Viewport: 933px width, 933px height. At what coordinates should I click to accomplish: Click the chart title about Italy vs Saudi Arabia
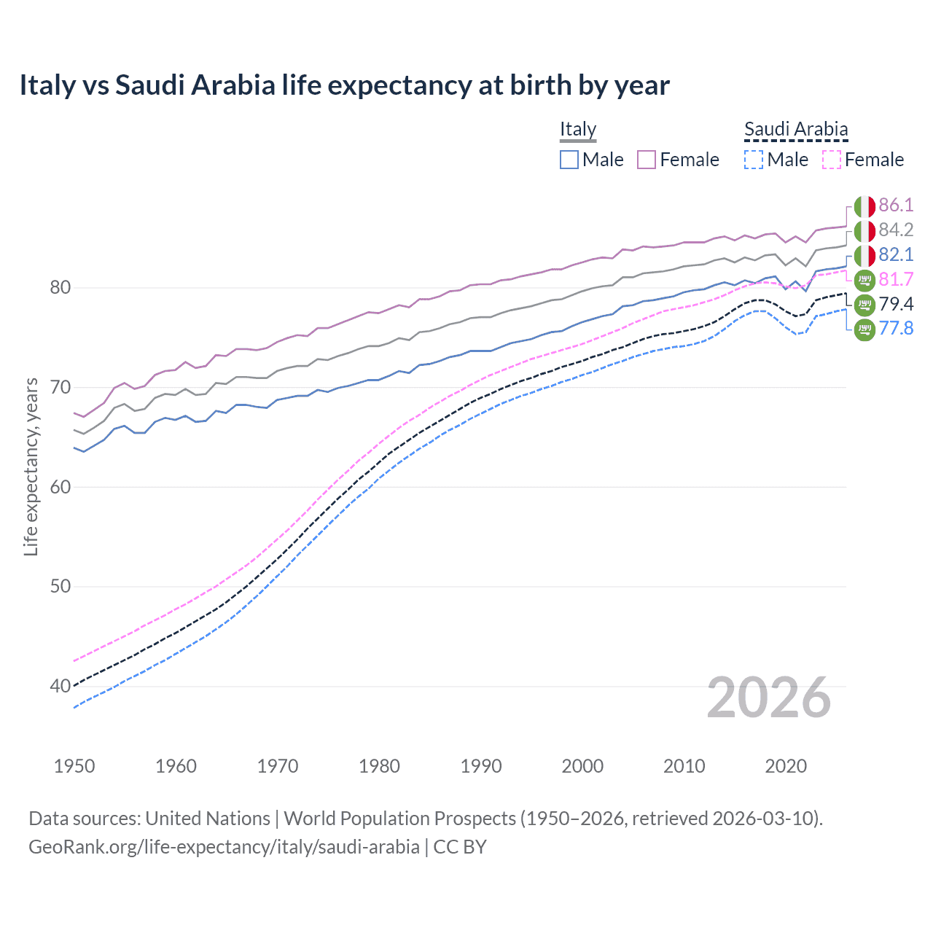344,85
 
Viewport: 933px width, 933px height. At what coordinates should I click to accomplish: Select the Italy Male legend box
569,160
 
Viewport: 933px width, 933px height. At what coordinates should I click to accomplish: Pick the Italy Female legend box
647,160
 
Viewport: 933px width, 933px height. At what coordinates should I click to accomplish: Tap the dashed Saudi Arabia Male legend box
754,160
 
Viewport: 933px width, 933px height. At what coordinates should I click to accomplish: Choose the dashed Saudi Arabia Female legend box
832,160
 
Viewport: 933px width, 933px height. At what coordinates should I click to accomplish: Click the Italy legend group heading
578,129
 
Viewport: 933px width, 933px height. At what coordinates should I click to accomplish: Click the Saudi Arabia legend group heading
796,129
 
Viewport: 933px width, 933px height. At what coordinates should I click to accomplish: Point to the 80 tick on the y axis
60,287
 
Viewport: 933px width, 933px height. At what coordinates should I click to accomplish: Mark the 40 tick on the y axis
60,686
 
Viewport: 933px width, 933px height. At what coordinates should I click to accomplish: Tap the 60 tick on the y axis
60,487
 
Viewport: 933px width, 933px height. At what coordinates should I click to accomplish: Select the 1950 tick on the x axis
74,766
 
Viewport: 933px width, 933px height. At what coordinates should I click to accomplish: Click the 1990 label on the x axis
481,766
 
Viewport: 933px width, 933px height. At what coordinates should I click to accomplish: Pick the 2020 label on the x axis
786,766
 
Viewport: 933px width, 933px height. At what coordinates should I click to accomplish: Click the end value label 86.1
896,205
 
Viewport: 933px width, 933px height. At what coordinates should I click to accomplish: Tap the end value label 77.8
896,329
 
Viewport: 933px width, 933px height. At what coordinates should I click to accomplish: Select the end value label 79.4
896,304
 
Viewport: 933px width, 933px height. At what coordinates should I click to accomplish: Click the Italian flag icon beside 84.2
864,231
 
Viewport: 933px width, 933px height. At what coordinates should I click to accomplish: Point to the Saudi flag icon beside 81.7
864,280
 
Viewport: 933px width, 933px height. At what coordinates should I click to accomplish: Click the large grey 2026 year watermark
769,698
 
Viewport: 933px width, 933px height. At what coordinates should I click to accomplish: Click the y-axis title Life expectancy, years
31,466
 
